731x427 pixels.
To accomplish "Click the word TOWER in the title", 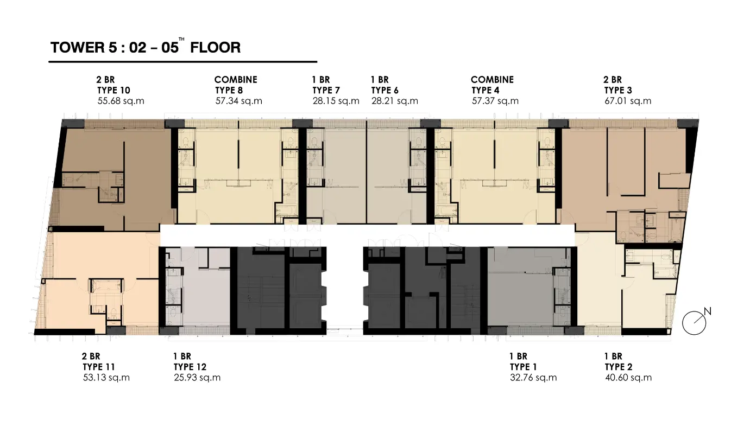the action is pos(77,48).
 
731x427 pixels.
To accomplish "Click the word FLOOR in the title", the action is pos(216,48).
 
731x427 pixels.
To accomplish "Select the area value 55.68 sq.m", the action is pos(121,101).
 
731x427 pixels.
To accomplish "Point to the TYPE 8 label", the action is pos(229,90).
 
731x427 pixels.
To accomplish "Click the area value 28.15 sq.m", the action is pos(336,101).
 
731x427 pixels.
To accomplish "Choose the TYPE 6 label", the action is pos(385,90).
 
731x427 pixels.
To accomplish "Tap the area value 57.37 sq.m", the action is pos(495,101).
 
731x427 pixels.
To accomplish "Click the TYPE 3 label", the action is pos(617,90).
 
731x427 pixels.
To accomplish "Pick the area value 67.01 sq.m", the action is pos(628,101).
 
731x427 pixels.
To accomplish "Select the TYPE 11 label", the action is pos(99,367).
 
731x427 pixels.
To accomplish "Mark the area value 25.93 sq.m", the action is pos(197,378).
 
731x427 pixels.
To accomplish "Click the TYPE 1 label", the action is pos(523,367).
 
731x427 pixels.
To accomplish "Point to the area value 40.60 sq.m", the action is pos(628,378).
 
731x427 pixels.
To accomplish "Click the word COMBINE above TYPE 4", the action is pos(492,80).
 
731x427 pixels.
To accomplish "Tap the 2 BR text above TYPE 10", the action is pos(105,80).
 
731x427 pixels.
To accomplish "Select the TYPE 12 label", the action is pos(190,367).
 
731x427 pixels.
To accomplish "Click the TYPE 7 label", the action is pos(326,90).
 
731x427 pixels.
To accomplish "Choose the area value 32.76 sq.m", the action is pos(533,378).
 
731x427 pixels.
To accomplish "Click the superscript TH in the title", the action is pos(182,40).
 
